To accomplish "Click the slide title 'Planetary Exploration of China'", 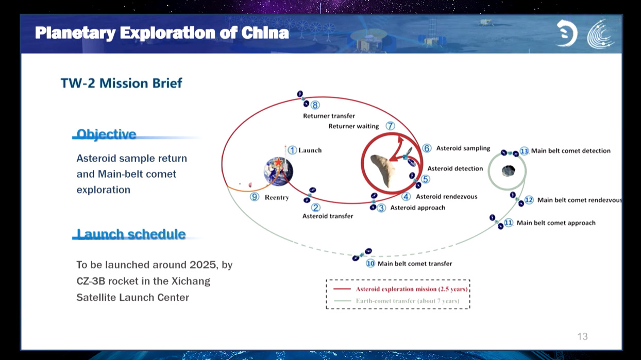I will coord(162,33).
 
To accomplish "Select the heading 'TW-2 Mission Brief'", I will coord(121,83).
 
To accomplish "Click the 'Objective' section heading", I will coord(106,134).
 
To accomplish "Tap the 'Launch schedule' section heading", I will coord(131,234).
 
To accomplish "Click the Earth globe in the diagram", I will coord(278,171).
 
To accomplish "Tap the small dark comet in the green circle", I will coord(508,170).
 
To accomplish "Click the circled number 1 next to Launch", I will coord(292,150).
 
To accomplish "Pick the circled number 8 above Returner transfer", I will coord(315,105).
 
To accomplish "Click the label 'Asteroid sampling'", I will coord(463,148).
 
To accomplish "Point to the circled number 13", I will coord(524,151).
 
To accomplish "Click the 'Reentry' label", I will coord(277,197).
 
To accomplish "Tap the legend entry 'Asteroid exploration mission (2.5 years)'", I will coord(411,289).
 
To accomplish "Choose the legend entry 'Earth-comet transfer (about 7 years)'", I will coord(407,301).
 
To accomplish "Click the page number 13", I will coord(582,336).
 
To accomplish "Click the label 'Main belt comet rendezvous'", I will coord(579,200).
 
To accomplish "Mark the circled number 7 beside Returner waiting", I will coord(390,126).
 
